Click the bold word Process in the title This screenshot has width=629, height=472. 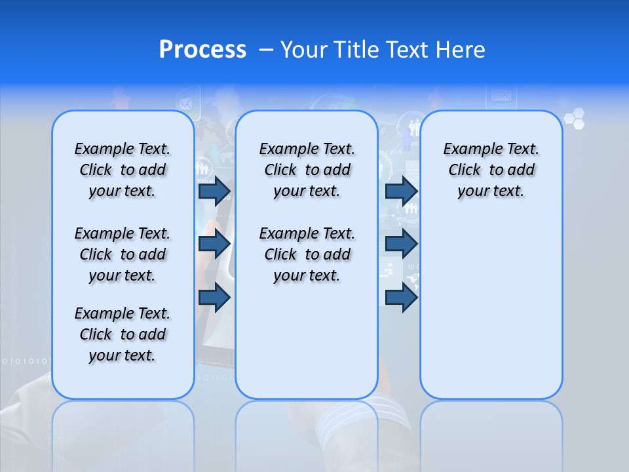click(202, 50)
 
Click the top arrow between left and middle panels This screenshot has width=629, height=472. click(214, 191)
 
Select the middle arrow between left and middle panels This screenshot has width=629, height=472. click(214, 244)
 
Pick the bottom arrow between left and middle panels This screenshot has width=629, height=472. click(214, 297)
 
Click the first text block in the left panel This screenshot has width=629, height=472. click(123, 170)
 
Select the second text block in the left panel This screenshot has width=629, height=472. click(123, 254)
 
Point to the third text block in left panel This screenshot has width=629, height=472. click(123, 334)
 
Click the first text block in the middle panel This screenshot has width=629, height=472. click(307, 170)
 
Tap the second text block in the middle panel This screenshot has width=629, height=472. click(307, 254)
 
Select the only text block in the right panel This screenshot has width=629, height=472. click(491, 170)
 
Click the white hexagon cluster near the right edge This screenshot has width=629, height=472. click(575, 119)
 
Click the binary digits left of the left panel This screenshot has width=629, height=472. click(25, 361)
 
